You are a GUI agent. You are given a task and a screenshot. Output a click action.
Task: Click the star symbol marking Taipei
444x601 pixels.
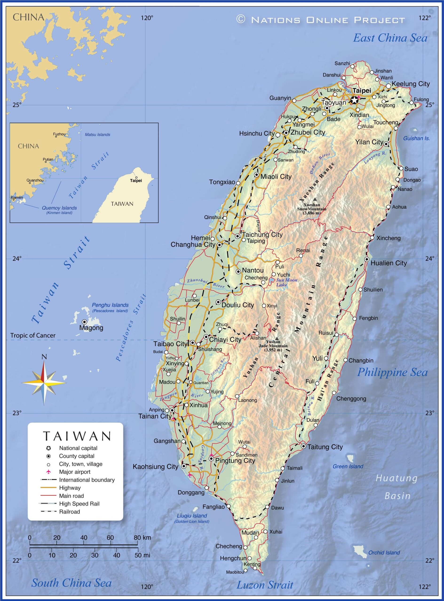[x=354, y=100]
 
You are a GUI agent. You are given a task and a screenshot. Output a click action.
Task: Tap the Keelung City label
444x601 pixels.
[x=411, y=84]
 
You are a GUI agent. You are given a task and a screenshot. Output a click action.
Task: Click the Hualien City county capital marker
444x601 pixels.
[x=367, y=259]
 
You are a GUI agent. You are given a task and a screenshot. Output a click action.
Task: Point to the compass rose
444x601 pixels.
[x=44, y=381]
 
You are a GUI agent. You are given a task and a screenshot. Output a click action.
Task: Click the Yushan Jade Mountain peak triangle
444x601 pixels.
[x=277, y=339]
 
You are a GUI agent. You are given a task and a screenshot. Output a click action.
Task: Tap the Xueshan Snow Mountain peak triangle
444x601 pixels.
[x=315, y=199]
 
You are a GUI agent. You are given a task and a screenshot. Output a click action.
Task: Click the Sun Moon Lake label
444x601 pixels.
[x=287, y=282]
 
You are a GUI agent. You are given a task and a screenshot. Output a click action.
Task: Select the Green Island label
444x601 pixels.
[x=348, y=466]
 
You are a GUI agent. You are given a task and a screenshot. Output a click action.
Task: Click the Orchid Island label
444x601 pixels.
[x=384, y=553]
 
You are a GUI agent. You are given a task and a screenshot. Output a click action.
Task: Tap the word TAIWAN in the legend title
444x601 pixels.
[x=77, y=436]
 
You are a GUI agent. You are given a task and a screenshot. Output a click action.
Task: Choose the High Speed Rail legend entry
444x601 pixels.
[x=79, y=504]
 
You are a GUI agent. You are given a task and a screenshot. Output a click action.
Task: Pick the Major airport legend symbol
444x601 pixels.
[x=49, y=472]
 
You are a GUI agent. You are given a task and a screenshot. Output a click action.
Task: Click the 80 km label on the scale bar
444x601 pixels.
[x=143, y=538]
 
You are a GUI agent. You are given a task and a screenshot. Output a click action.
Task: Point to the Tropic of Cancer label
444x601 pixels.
[x=33, y=335]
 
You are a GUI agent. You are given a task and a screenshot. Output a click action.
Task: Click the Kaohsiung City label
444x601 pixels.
[x=155, y=466]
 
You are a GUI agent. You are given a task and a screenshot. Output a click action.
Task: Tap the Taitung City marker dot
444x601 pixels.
[x=303, y=446]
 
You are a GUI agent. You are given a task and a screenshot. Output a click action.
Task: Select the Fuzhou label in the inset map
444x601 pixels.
[x=59, y=134]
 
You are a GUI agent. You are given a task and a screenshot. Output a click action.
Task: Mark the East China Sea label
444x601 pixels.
[x=390, y=38]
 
